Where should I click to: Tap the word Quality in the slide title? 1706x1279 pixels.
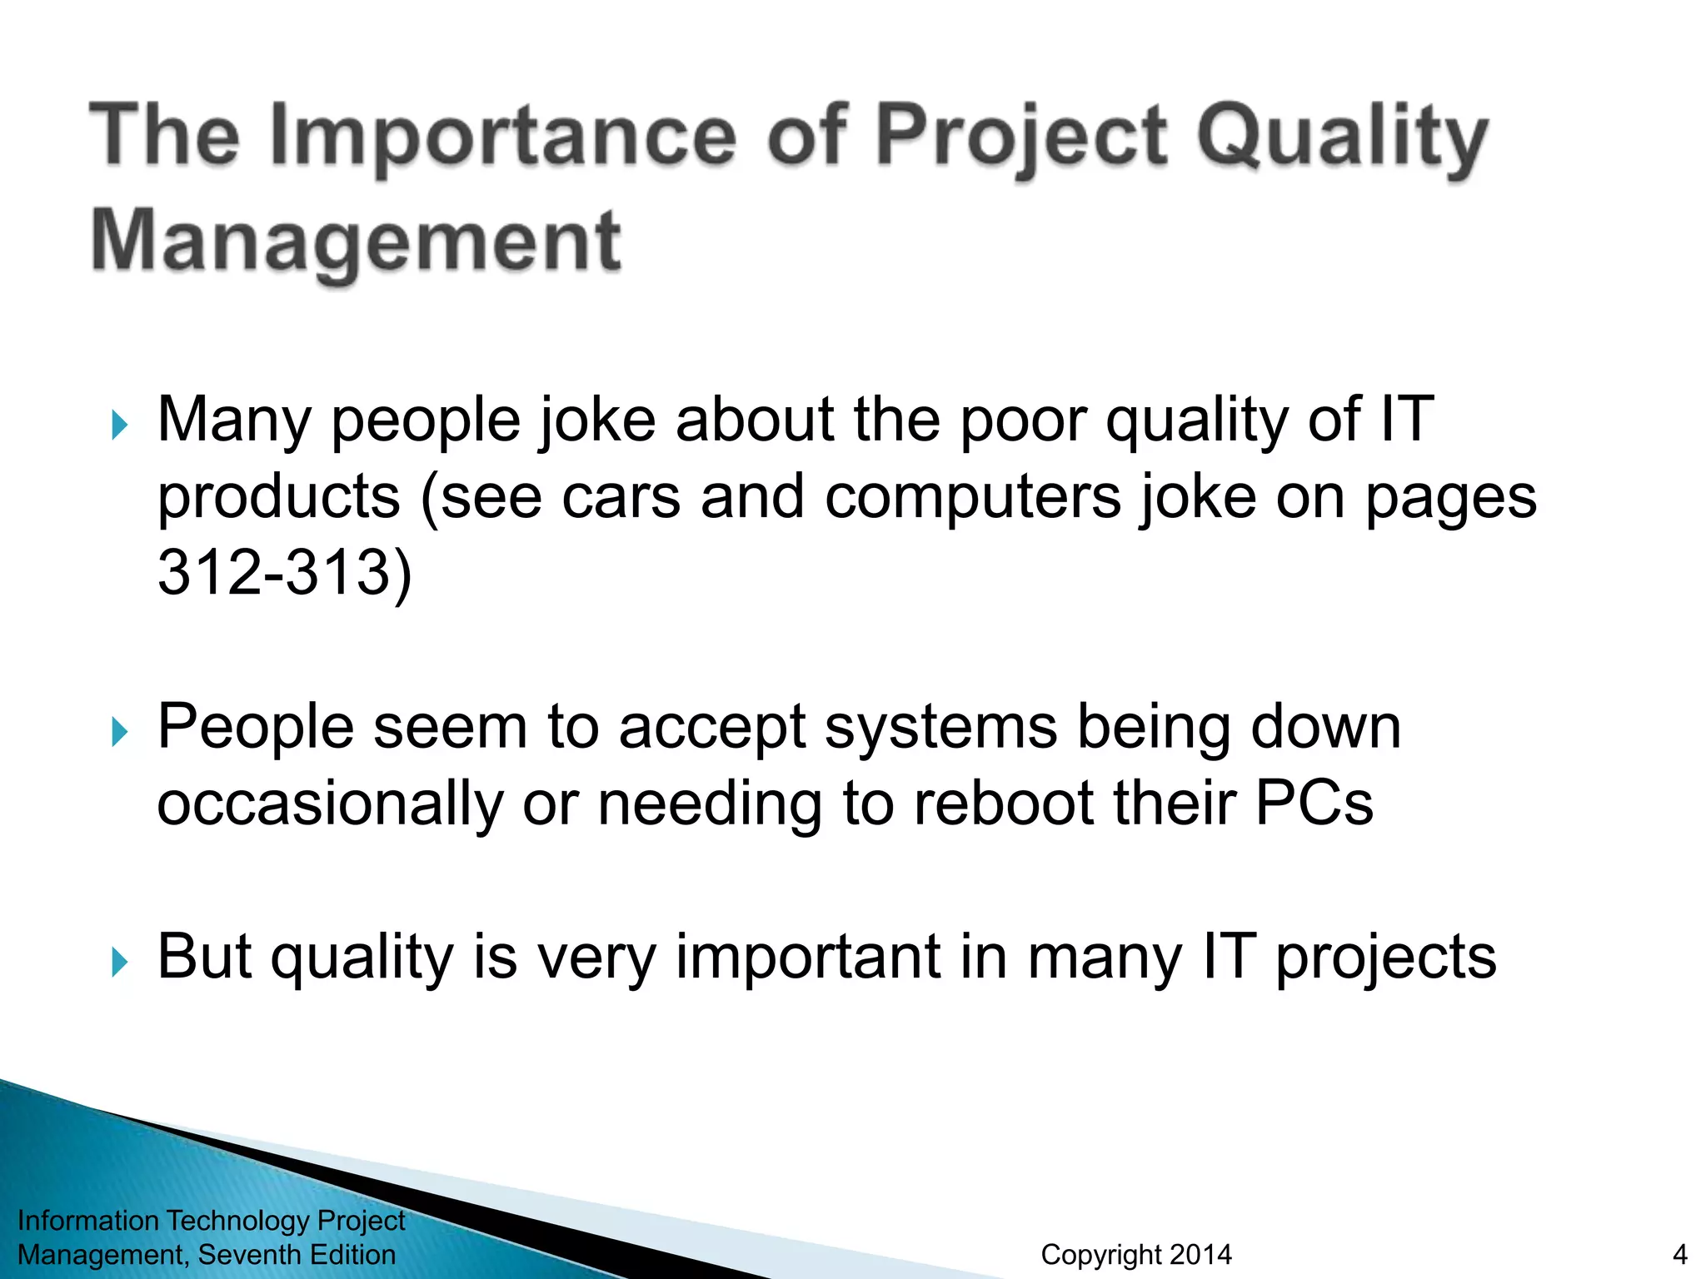pyautogui.click(x=1341, y=137)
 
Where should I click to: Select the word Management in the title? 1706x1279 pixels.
pyautogui.click(x=356, y=241)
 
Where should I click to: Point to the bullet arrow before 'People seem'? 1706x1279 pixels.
pyautogui.click(x=120, y=732)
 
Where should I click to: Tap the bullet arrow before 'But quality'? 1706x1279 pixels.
pyautogui.click(x=120, y=962)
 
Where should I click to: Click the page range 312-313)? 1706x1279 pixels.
pyautogui.click(x=285, y=573)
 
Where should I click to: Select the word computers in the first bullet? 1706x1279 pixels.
pyautogui.click(x=973, y=497)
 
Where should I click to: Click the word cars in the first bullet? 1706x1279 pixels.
pyautogui.click(x=621, y=497)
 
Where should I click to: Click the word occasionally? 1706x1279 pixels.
pyautogui.click(x=330, y=804)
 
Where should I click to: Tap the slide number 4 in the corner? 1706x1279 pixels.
pyautogui.click(x=1679, y=1254)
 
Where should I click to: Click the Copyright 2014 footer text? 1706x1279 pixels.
pyautogui.click(x=1135, y=1254)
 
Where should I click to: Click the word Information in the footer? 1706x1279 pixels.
pyautogui.click(x=88, y=1220)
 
